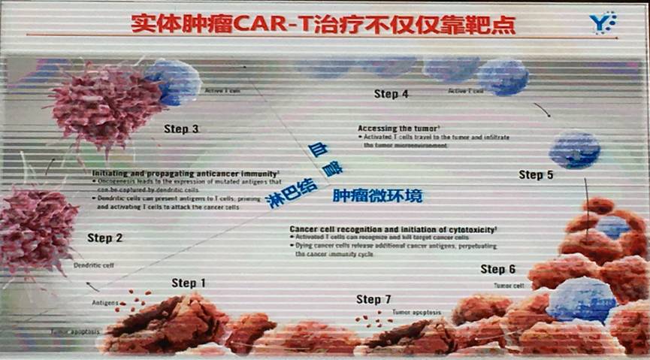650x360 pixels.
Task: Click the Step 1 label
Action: [x=189, y=283]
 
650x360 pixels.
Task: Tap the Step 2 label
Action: [x=104, y=238]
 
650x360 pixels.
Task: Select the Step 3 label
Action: [x=181, y=129]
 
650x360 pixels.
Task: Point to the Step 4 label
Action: [x=391, y=94]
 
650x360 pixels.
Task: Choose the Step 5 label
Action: [x=536, y=175]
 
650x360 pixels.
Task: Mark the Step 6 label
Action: [x=497, y=269]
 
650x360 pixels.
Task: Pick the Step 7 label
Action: [x=373, y=299]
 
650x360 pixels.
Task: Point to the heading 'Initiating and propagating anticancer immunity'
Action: [x=186, y=173]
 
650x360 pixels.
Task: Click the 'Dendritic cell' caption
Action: [x=93, y=265]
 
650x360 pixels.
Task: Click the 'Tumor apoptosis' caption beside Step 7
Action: [x=416, y=311]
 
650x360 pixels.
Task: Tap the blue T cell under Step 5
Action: [x=574, y=149]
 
